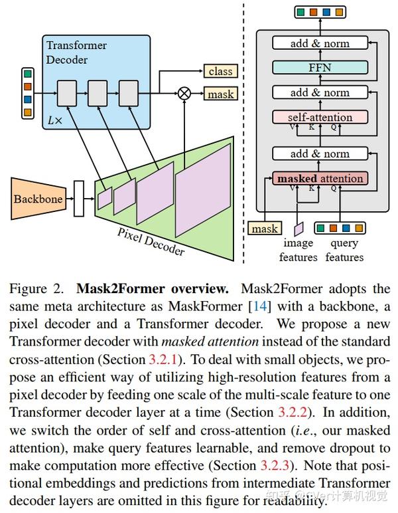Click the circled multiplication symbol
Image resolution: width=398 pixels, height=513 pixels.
185,94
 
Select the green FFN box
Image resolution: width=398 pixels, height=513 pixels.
320,66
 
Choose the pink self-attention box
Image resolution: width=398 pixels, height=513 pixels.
320,117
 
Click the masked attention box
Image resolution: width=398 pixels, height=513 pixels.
320,178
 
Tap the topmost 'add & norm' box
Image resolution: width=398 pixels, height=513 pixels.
320,43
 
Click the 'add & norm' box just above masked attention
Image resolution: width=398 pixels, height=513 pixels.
320,154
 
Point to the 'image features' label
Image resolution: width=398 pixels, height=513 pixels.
298,251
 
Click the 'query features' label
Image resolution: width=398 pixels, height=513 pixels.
344,251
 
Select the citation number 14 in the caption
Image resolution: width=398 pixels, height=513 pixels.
253,306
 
